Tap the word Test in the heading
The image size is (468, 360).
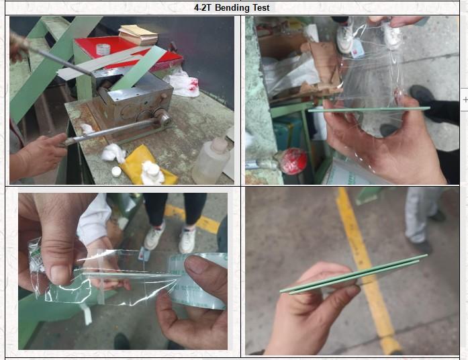[x=262, y=8]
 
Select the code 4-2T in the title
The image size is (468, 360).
[x=202, y=8]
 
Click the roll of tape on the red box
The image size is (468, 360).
[x=103, y=49]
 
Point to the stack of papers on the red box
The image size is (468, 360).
[x=138, y=34]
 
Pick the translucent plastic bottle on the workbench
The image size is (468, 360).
[x=211, y=161]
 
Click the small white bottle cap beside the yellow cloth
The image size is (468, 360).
[x=116, y=171]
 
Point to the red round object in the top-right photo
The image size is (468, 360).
[x=293, y=161]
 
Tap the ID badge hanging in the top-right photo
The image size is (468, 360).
[x=357, y=48]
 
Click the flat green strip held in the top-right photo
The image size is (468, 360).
[x=369, y=109]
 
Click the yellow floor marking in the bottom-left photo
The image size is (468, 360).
[x=193, y=218]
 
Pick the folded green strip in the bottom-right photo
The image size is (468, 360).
[x=354, y=274]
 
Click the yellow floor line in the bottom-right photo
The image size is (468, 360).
[x=369, y=269]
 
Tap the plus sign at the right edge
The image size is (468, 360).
[x=465, y=99]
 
